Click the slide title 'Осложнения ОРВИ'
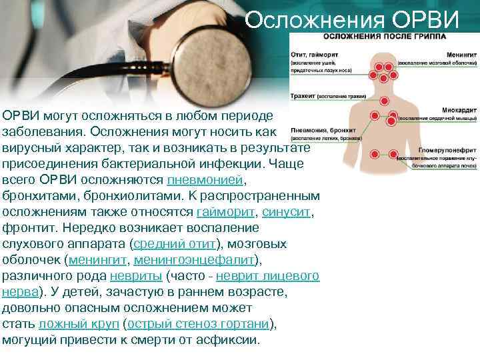point(352,21)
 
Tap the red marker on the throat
point(385,99)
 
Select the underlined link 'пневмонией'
point(206,181)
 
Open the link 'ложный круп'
point(78,323)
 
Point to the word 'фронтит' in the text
point(27,227)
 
